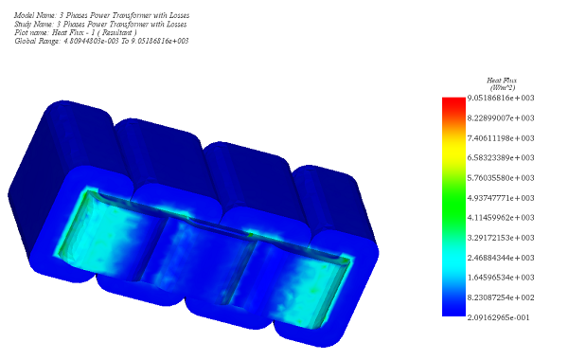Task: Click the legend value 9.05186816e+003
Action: coord(501,98)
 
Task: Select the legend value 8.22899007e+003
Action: coord(501,117)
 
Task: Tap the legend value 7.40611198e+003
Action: coord(501,138)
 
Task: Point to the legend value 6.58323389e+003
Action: coord(501,157)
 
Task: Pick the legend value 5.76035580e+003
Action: coord(501,178)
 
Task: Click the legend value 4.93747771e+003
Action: coord(501,198)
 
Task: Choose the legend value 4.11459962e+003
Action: coord(501,218)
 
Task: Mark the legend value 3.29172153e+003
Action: coord(501,238)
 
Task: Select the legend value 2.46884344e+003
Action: coord(501,258)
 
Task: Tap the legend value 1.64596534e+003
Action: coord(501,278)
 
